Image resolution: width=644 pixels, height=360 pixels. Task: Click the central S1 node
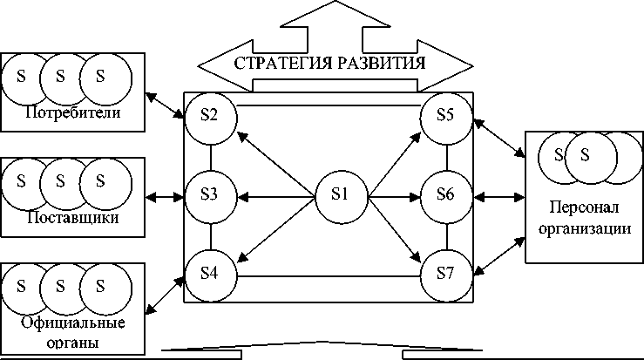tap(340, 195)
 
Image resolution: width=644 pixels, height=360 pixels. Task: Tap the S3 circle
tap(210, 195)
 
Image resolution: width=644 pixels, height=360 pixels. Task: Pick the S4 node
tap(210, 274)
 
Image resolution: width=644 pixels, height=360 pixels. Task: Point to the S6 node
tap(446, 195)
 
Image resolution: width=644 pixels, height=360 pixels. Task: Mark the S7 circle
tap(446, 274)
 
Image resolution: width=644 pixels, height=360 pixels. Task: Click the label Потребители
tap(72, 114)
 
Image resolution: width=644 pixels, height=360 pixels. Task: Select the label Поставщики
tap(72, 218)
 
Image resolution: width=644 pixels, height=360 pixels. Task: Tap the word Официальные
tap(72, 323)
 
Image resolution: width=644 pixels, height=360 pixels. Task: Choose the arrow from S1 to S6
tap(395, 195)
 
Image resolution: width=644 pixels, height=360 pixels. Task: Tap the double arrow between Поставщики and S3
tap(166, 196)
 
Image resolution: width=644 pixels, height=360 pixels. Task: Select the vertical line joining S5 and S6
tap(446, 156)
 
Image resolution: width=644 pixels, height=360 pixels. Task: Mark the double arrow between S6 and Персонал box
tap(499, 196)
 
